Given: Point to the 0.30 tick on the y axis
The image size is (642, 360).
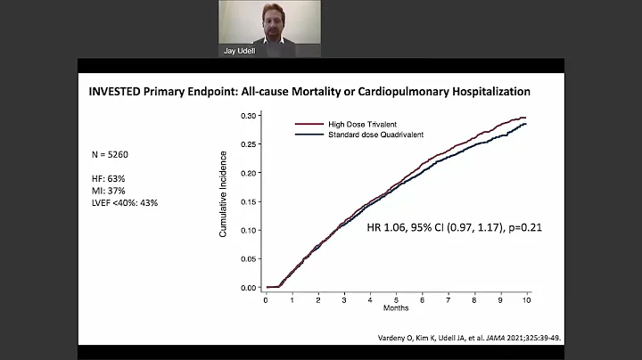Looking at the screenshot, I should tap(251, 116).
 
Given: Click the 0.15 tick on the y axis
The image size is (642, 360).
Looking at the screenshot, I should tap(251, 202).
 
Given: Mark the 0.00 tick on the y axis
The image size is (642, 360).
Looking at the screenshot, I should tap(251, 288).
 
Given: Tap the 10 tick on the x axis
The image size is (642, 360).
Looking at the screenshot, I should tap(526, 300).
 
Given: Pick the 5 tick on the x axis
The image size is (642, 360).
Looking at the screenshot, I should tap(396, 300).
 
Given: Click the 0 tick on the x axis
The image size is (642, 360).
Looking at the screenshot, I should tap(266, 300).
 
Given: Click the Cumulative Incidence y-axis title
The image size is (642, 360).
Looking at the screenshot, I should tap(224, 194).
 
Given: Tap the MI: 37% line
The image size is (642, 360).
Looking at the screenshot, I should tap(109, 191).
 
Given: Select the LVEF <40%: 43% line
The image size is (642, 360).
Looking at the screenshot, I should tap(125, 203).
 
